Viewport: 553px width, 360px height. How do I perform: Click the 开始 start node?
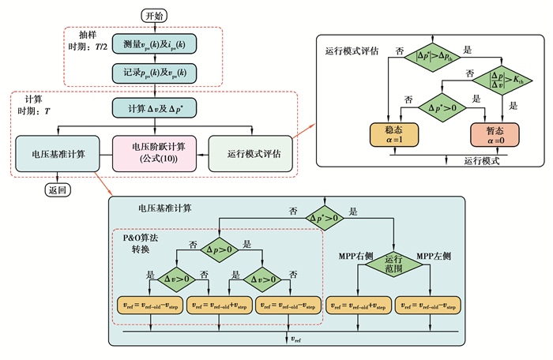coord(154,15)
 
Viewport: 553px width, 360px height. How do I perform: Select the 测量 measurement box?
coord(154,44)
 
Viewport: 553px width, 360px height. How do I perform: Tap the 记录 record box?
coord(154,72)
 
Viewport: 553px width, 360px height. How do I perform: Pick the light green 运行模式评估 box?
coord(250,152)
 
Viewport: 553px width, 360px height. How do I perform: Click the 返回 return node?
coord(57,190)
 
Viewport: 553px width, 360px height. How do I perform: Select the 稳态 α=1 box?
coord(393,135)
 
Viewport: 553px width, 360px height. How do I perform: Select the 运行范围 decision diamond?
coord(393,265)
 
